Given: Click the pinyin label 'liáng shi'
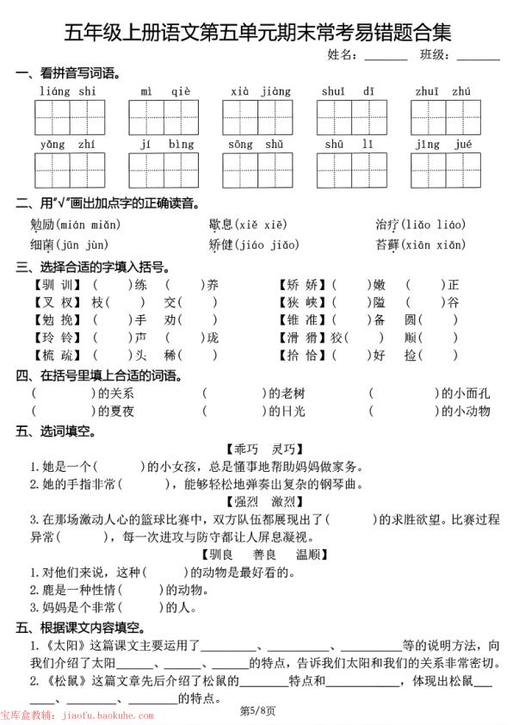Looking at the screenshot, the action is pyautogui.click(x=68, y=91).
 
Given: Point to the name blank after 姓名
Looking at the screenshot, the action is pyautogui.click(x=386, y=55).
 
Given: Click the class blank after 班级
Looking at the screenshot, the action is pyautogui.click(x=479, y=55).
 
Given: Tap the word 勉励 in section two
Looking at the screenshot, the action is pyautogui.click(x=42, y=225).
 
